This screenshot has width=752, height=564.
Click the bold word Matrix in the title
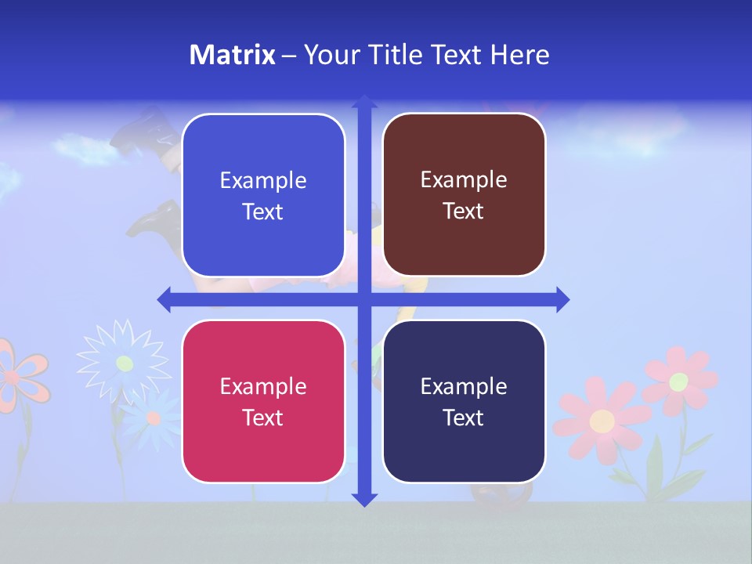pos(232,55)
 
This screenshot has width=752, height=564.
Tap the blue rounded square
pos(263,195)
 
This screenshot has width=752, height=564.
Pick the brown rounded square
pos(464,195)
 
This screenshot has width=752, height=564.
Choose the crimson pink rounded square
pos(263,401)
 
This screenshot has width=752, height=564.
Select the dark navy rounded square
pos(464,401)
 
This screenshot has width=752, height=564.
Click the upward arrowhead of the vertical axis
pos(364,103)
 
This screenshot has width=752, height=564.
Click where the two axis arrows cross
pos(364,299)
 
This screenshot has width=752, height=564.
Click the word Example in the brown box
pos(464,180)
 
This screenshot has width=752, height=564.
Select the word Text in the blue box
pos(263,212)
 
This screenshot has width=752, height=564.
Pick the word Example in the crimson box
pos(263,386)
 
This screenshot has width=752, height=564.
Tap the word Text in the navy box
pos(464,418)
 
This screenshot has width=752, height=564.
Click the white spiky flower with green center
pos(124,363)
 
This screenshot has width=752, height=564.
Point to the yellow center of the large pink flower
pos(602,421)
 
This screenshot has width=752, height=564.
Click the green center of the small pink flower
pos(679,381)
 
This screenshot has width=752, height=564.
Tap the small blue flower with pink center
pos(154,418)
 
